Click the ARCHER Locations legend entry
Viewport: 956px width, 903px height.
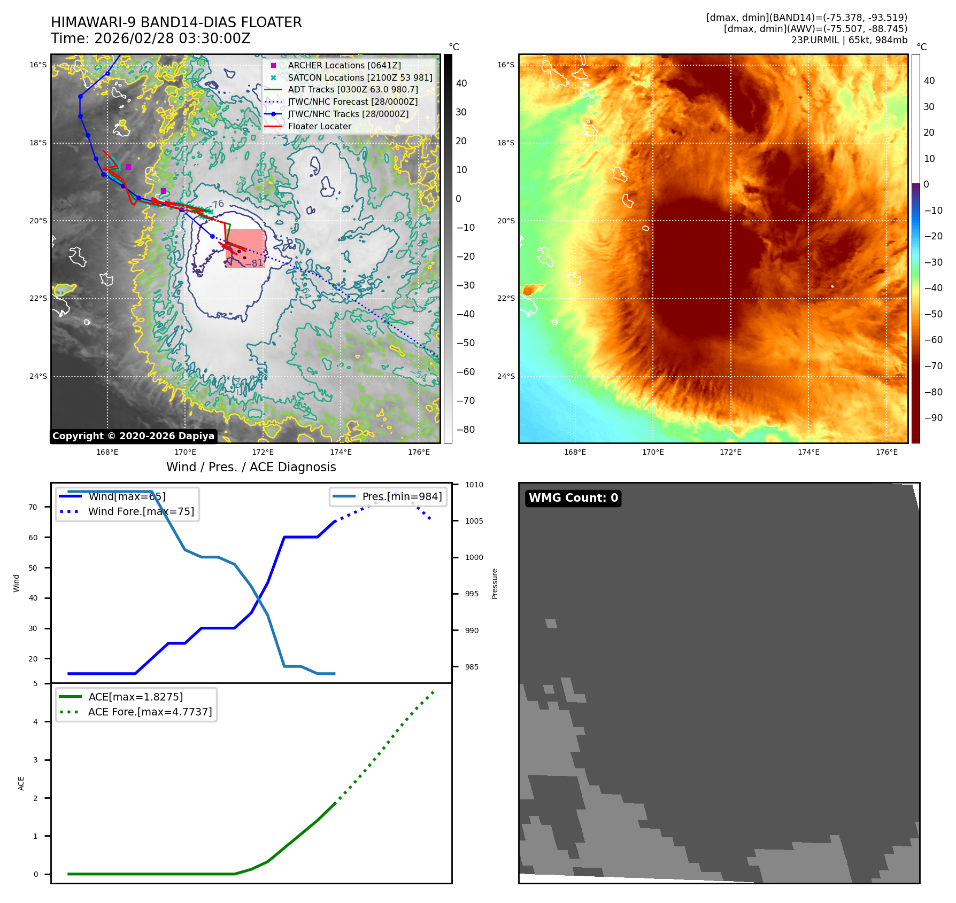344,65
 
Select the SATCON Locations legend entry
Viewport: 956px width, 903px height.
359,77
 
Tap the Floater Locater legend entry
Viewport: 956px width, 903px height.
319,127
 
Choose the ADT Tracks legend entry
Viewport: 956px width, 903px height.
352,90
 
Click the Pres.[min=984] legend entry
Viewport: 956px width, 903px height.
402,496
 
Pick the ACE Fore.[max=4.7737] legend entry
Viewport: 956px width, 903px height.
150,712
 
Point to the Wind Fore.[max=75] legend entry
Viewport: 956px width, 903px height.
141,511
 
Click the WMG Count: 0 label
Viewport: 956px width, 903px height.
573,498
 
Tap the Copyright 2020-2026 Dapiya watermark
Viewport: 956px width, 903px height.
133,436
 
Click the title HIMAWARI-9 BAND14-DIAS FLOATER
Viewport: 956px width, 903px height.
176,22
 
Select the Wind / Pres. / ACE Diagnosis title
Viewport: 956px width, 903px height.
251,467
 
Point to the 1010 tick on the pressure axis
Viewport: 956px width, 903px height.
474,485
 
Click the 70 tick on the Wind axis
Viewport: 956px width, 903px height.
33,507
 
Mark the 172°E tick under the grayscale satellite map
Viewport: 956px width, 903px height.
263,452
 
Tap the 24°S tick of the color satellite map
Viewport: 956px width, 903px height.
506,376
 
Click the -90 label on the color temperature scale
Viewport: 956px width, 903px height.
933,418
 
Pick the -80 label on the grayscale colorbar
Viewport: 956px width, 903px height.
465,430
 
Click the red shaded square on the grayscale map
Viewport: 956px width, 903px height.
245,248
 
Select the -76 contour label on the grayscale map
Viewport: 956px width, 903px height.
217,205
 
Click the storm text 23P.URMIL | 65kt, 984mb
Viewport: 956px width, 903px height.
849,40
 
